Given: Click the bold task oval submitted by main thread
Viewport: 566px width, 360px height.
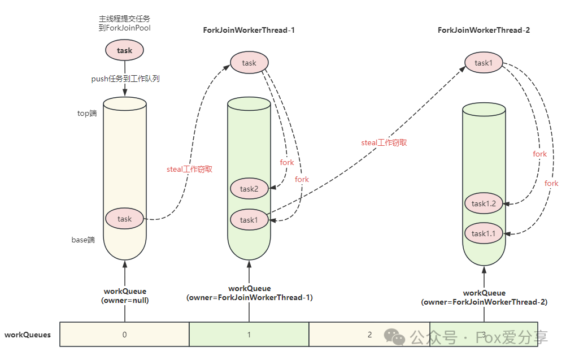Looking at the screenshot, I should [x=124, y=50].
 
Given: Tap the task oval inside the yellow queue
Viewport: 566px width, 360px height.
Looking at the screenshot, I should [x=124, y=219].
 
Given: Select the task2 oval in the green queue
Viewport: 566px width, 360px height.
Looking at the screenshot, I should [x=249, y=189].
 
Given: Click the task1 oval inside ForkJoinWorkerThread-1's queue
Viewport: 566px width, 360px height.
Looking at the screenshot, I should [x=249, y=220].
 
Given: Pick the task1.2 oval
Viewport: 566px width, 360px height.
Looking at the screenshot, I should [x=483, y=203].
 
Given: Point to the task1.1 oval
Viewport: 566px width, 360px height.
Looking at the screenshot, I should [x=483, y=233].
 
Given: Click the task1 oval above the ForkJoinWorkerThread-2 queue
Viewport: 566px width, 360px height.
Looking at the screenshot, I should [x=484, y=63].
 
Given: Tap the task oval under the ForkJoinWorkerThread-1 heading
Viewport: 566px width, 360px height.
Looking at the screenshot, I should [x=249, y=63].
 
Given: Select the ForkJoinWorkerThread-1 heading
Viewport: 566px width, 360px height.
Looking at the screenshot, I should [x=249, y=30].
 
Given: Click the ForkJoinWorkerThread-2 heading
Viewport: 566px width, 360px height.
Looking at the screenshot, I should [x=483, y=30].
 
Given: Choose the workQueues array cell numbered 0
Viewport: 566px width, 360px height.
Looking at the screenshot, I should [x=124, y=335].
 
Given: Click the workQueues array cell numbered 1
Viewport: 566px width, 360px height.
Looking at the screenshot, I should [x=249, y=335].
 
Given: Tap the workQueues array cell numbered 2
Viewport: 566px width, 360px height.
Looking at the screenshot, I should [x=369, y=335].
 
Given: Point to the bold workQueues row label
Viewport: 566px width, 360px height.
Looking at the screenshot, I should [x=28, y=335].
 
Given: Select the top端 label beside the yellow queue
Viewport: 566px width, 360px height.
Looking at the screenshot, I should [x=87, y=113].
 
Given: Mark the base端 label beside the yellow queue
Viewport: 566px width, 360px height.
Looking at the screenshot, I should [x=83, y=240].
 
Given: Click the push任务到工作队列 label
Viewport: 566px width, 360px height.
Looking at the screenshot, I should [x=125, y=79].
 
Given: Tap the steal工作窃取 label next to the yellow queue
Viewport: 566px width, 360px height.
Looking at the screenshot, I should [x=189, y=169].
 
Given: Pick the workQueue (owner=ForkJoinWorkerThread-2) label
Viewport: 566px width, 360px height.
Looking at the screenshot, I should [x=484, y=298].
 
